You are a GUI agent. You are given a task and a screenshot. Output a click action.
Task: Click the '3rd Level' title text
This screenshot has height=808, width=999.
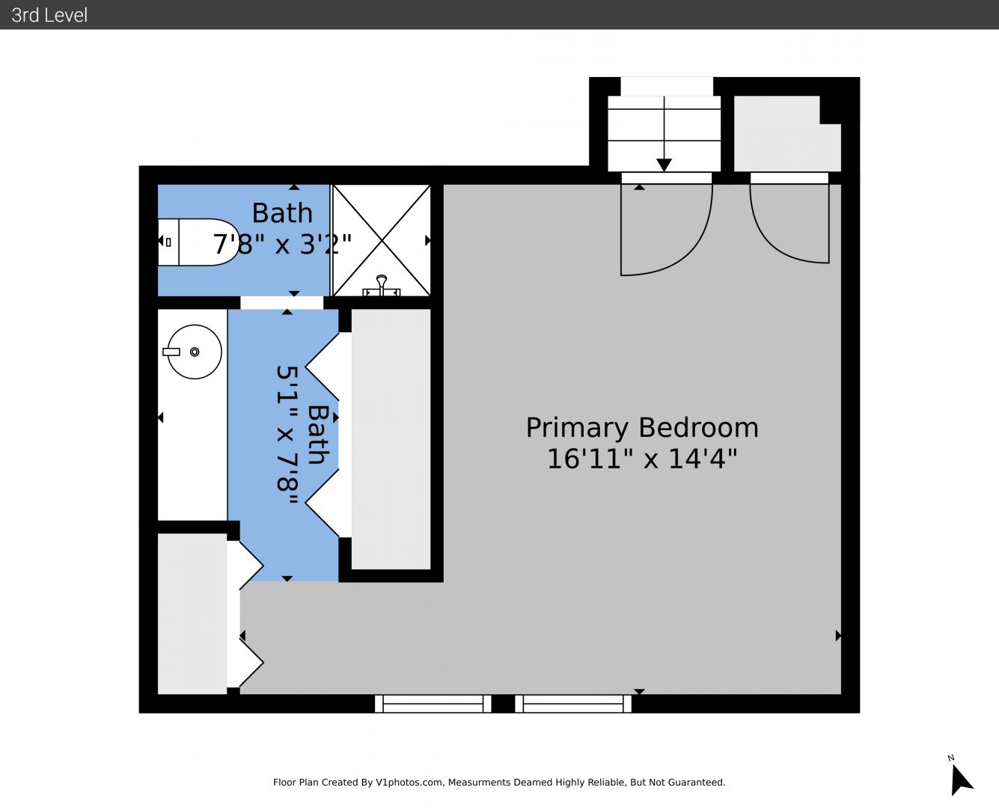[x=49, y=15]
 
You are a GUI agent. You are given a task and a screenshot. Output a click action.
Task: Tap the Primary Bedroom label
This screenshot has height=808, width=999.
[x=642, y=428]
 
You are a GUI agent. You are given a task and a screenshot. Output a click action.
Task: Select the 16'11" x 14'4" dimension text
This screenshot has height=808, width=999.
[x=642, y=458]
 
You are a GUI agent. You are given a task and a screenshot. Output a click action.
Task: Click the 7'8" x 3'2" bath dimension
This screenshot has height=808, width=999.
[x=282, y=244]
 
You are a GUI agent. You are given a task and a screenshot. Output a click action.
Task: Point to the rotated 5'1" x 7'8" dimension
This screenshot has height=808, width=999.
[x=287, y=435]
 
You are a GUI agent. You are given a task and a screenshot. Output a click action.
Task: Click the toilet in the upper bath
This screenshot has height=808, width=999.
[x=198, y=242]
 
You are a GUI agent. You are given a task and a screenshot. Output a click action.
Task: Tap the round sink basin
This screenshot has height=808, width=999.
[x=194, y=352]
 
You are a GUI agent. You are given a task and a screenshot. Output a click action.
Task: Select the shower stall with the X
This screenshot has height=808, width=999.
[x=382, y=240]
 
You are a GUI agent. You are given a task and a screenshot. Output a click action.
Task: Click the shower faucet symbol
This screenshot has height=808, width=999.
[x=382, y=286]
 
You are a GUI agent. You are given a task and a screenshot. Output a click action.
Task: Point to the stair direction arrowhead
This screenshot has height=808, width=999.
[x=664, y=165]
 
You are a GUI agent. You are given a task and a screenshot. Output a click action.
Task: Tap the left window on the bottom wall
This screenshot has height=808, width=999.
[x=433, y=704]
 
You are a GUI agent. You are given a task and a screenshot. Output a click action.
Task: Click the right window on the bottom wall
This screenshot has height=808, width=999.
[x=573, y=704]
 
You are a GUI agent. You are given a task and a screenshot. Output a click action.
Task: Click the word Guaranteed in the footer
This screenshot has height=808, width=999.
[x=696, y=783]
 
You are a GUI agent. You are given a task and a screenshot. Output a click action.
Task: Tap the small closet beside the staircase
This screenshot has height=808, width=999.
[x=787, y=134]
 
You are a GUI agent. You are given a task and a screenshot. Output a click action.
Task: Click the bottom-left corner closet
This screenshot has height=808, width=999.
[x=192, y=613]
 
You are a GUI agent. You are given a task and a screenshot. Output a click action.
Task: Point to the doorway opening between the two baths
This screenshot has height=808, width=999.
[x=282, y=302]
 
